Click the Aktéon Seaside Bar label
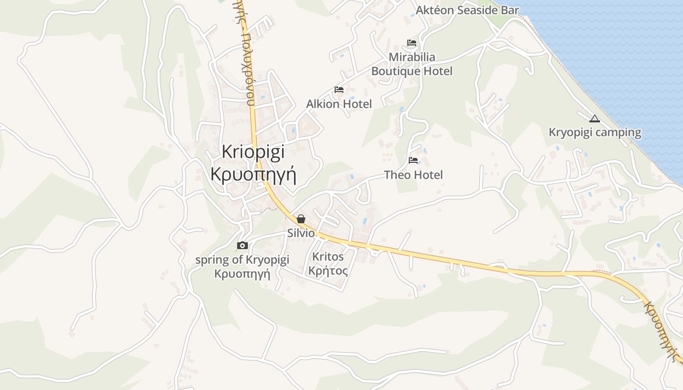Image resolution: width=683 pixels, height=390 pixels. pos(467,10)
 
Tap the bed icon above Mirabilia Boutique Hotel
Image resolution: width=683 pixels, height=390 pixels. pos(412,43)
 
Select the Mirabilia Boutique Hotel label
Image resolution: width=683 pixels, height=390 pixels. pos(412,64)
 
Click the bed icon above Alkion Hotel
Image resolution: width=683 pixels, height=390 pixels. pos(339,90)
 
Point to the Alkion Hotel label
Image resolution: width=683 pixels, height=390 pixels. pos(339,104)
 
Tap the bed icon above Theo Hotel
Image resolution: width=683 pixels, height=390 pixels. pos(413,160)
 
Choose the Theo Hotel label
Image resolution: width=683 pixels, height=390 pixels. pos(413,175)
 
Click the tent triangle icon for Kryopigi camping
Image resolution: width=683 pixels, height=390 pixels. pos(594,118)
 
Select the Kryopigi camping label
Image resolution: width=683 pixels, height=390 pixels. pos(595,133)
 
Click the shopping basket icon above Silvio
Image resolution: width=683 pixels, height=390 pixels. pos(301,219)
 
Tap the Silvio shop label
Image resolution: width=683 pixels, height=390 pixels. pos(301,233)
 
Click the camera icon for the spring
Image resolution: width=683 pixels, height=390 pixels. pos(242,245)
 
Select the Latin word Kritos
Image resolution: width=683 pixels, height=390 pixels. pos(328,257)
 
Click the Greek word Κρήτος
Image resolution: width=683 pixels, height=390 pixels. pos(328,271)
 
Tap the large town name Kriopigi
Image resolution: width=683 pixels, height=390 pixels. pos(253,152)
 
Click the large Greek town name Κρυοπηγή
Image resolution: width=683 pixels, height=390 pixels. pos(253,174)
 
